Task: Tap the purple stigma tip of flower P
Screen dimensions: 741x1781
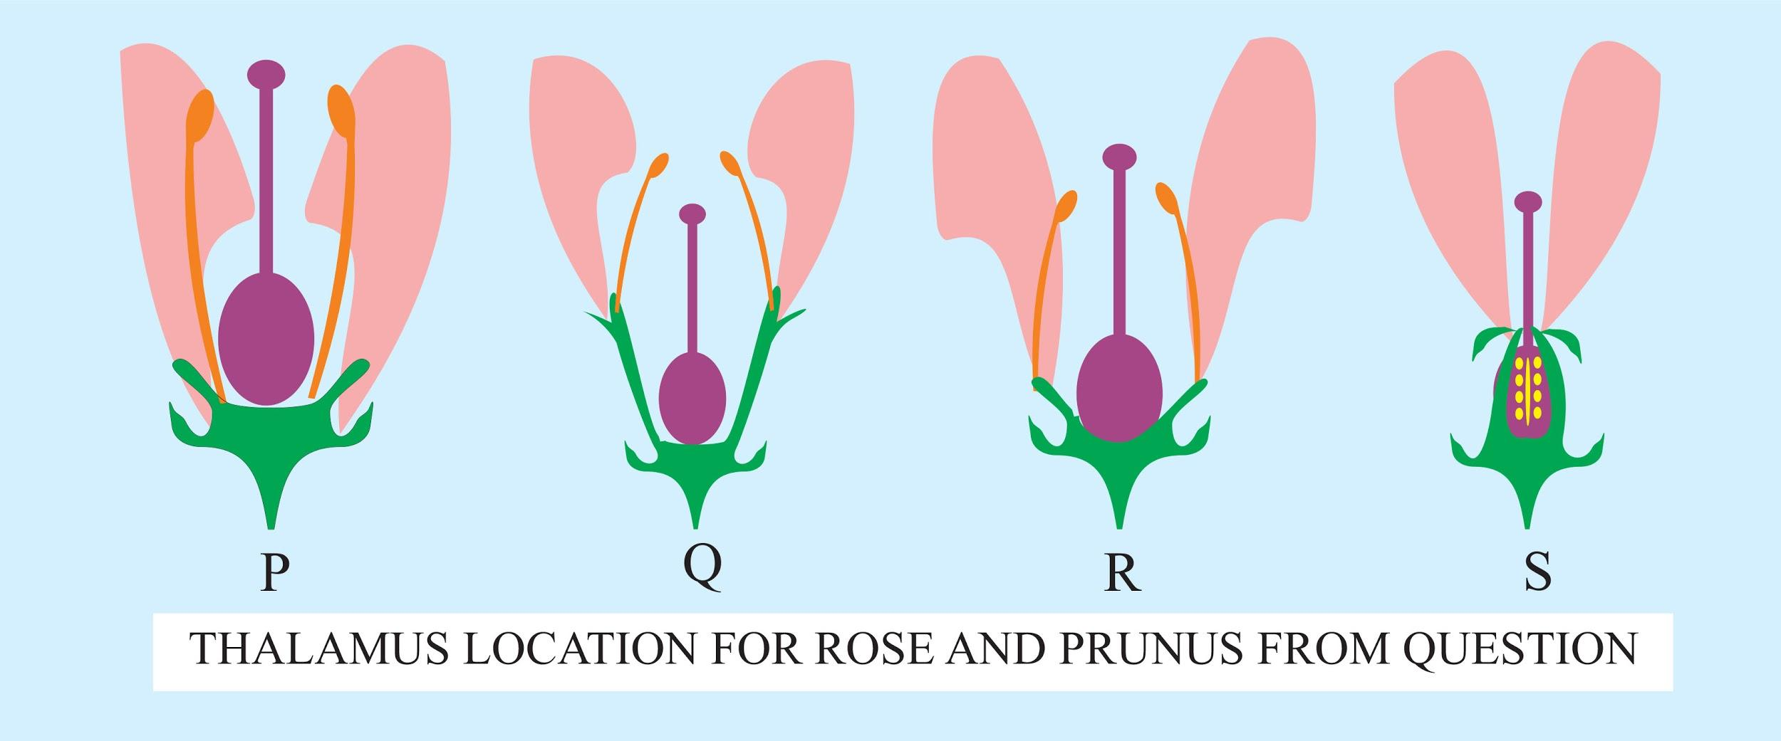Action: click(x=266, y=73)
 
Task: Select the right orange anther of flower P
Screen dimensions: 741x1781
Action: click(x=341, y=111)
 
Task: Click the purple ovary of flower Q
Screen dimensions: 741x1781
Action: click(x=692, y=399)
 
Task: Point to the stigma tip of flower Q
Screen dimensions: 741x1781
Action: click(x=692, y=213)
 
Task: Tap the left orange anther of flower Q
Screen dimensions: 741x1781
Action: click(x=659, y=164)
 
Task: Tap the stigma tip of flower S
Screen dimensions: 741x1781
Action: click(x=1527, y=202)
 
